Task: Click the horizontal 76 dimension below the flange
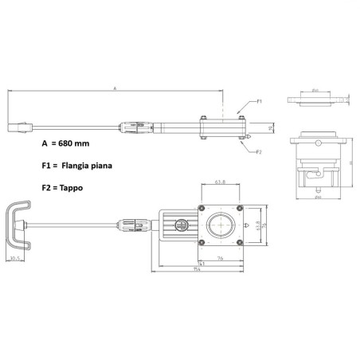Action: (x=217, y=258)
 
